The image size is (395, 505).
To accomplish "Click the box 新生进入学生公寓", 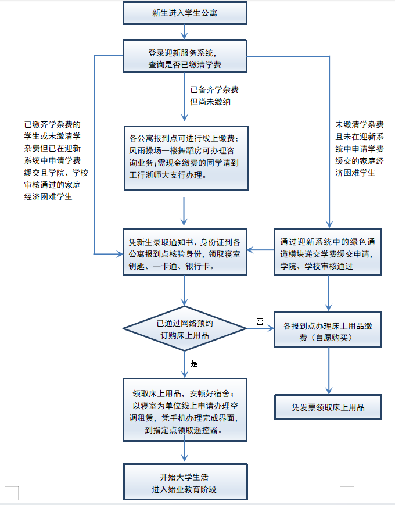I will click(185, 12).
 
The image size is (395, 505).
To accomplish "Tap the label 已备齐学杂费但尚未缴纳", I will click(214, 95).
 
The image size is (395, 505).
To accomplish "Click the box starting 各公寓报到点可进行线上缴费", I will click(185, 158).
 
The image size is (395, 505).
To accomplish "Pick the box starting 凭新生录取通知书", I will click(185, 251).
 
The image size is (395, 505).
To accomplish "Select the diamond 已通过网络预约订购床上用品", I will click(185, 330).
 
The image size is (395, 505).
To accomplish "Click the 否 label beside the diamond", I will click(260, 321).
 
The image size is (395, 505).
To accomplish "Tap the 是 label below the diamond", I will click(195, 363).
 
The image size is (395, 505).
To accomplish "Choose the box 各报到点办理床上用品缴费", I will click(328, 331).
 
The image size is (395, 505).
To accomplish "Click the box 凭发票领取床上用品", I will click(328, 407).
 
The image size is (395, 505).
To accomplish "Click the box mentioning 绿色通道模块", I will click(328, 251).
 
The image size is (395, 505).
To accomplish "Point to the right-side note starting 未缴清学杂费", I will click(360, 148).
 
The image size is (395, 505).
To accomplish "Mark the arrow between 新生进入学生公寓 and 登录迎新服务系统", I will click(185, 31).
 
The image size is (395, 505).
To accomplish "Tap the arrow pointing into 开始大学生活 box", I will click(185, 452).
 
